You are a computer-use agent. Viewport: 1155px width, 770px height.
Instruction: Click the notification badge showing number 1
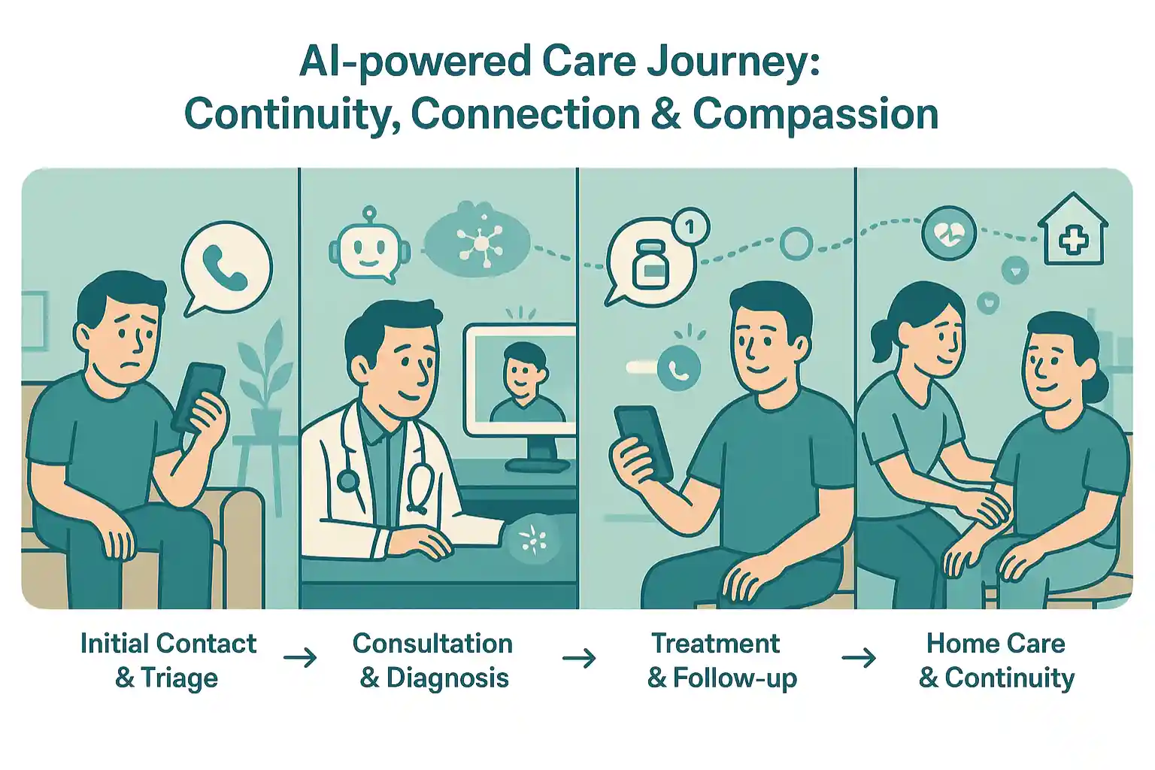691,227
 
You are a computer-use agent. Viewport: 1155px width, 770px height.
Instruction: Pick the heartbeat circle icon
949,233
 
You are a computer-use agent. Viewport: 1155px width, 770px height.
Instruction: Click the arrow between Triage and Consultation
300,658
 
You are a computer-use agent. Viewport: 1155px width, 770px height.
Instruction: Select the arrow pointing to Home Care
859,658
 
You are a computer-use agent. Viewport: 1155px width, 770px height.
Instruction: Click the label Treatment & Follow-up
722,660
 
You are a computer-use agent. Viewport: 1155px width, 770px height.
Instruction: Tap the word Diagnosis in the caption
447,678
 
